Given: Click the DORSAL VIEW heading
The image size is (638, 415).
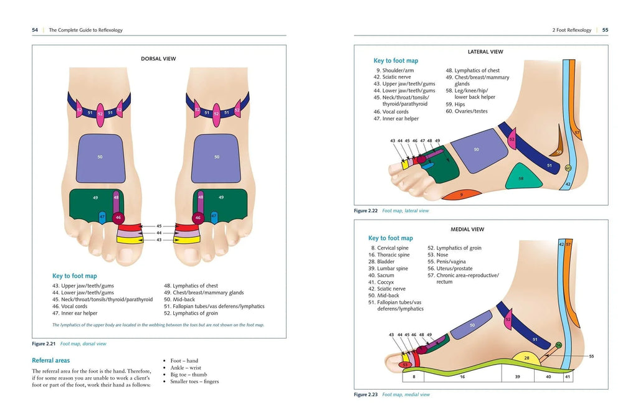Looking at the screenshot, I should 158,59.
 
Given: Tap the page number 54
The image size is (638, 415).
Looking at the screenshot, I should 36,30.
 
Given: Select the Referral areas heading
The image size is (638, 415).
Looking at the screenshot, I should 50,360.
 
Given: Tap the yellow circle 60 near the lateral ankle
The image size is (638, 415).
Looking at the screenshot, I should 568,168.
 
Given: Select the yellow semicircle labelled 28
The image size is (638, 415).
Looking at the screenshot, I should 526,359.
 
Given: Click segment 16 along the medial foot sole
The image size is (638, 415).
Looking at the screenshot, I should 462,376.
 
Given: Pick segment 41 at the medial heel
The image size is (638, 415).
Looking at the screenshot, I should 567,376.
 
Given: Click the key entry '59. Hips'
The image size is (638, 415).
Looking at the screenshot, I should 455,104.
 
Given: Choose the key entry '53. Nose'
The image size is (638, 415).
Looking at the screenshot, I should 437,254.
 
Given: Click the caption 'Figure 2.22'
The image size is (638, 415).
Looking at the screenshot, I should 366,211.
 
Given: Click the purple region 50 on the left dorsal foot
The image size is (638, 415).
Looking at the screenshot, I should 99,157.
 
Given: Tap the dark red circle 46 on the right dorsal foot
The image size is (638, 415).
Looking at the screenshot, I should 198,218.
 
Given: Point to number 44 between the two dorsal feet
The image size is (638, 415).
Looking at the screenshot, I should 159,233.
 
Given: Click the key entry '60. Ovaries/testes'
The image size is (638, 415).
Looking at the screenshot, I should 466,111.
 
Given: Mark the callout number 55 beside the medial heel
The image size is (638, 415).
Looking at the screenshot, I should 591,356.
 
